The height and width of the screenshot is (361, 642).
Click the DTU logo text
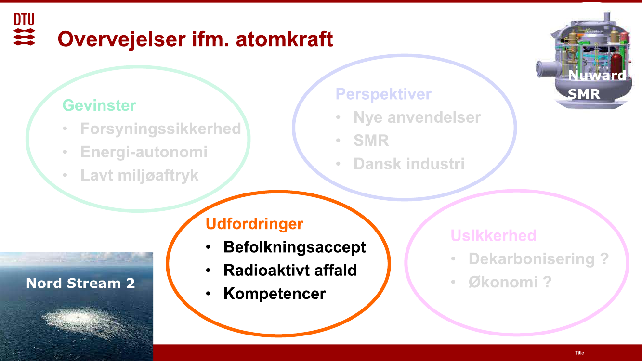tap(25, 19)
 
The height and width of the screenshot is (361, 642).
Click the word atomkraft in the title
tap(284, 39)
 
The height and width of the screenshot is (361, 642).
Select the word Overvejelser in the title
tap(122, 39)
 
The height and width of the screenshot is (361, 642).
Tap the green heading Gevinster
tap(99, 105)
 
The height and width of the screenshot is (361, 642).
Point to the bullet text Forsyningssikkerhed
tap(160, 129)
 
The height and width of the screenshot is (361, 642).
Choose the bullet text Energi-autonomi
tap(144, 152)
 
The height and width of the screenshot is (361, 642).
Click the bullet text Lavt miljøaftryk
tap(139, 175)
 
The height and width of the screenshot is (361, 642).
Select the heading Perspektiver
tap(383, 94)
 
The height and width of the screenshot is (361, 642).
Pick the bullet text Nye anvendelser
tap(417, 117)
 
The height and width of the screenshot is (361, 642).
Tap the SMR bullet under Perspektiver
tap(371, 141)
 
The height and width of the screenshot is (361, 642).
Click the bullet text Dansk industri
tap(409, 164)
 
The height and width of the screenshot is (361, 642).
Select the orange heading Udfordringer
tap(254, 224)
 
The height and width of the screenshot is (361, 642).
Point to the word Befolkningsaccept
tap(295, 247)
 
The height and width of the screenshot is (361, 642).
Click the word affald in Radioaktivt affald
tap(335, 270)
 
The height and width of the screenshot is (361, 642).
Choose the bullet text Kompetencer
tap(275, 294)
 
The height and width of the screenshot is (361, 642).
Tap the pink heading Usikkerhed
tap(493, 235)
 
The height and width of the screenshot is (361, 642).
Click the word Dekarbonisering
tap(531, 259)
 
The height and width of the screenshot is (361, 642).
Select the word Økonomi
tap(503, 282)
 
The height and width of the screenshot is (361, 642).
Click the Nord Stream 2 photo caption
tap(80, 283)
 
